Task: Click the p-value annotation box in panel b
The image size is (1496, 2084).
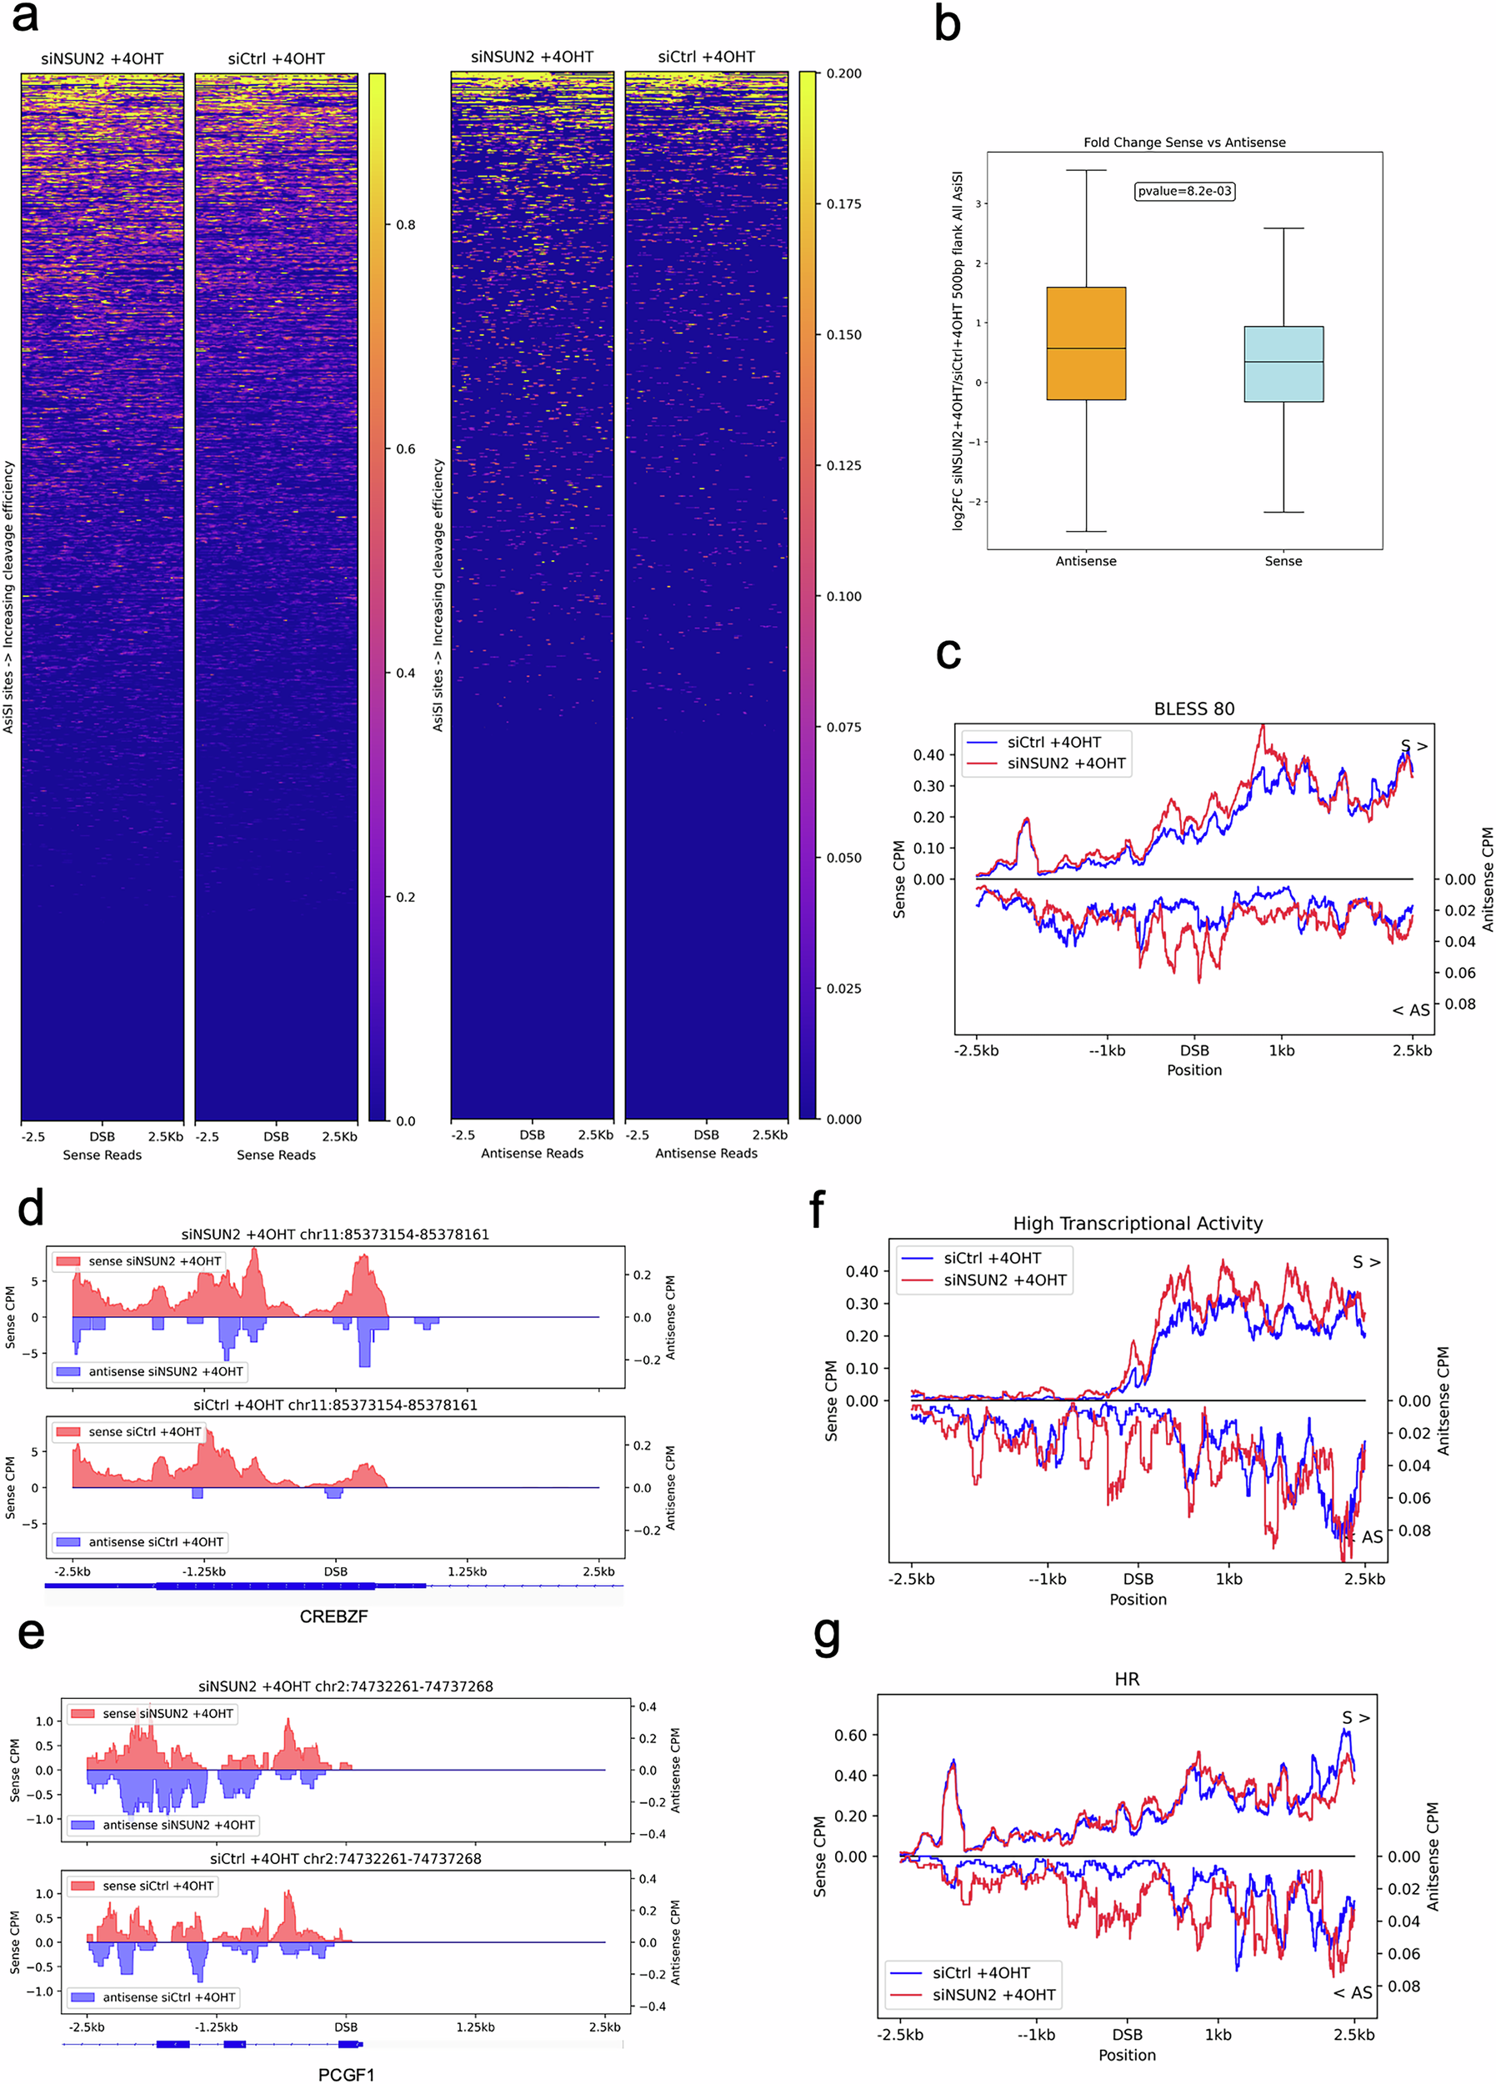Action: click(x=1183, y=191)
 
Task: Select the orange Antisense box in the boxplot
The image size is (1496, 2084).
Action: click(x=1085, y=343)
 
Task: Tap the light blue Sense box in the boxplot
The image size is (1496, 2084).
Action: click(x=1283, y=364)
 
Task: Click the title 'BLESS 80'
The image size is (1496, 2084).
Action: click(x=1193, y=709)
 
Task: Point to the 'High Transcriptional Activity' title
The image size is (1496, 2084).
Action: click(x=1137, y=1223)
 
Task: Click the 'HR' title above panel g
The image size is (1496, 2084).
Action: click(x=1126, y=1679)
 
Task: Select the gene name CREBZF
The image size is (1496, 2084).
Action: click(x=333, y=1616)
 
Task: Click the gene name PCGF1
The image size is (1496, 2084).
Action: click(x=346, y=2074)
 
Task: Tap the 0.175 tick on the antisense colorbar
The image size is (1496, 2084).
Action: click(x=843, y=204)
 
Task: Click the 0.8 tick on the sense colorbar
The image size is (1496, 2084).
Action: click(x=405, y=225)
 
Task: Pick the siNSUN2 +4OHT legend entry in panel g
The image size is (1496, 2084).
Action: click(x=993, y=1995)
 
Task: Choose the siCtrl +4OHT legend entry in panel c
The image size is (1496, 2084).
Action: click(x=1053, y=743)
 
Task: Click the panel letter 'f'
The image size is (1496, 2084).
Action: click(x=816, y=1209)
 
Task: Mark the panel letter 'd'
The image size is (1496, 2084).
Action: click(x=30, y=1209)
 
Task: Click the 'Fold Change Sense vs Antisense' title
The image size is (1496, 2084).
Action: click(x=1183, y=143)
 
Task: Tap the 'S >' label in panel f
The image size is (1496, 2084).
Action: click(x=1365, y=1263)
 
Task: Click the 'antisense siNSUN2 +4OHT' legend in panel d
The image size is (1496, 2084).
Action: click(x=165, y=1371)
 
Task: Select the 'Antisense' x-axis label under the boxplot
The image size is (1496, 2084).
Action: click(x=1085, y=560)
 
